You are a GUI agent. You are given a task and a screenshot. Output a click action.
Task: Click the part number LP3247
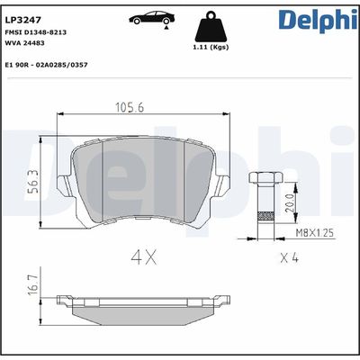click(21, 17)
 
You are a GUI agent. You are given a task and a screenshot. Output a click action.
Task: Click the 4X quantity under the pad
click(145, 257)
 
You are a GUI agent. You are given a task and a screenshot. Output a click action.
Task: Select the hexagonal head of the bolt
click(264, 178)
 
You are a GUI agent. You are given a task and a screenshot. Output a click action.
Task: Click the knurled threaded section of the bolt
click(264, 216)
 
